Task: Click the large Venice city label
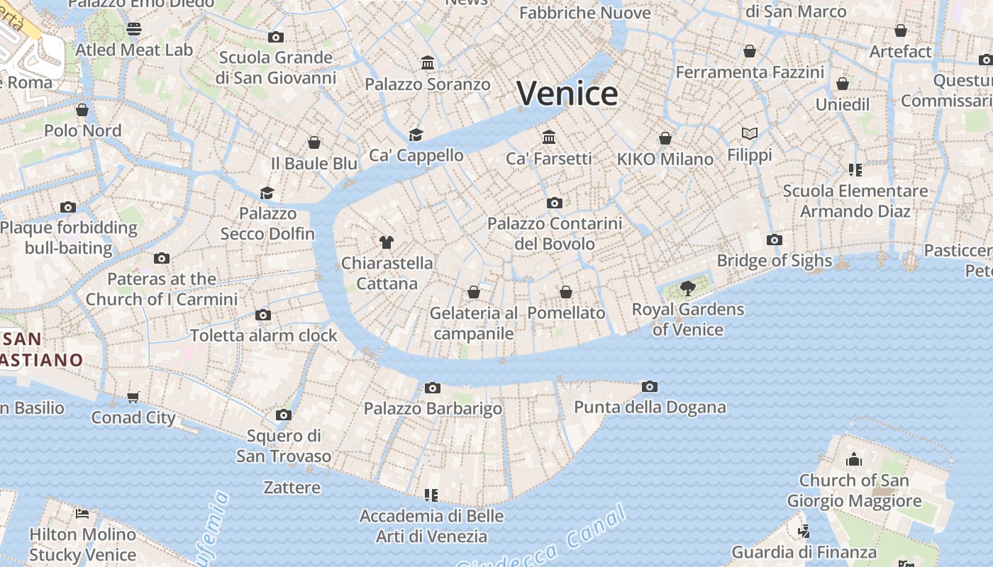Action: (567, 94)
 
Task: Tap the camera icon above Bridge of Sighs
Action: (775, 240)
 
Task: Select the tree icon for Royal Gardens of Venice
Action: (687, 288)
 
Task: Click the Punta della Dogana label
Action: (650, 408)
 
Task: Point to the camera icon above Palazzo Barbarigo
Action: (432, 388)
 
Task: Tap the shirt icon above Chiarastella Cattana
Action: (386, 242)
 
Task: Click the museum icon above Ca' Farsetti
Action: (549, 137)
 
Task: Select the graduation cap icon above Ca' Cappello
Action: (416, 135)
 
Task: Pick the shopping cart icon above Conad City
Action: (133, 397)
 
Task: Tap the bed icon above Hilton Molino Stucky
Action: (82, 513)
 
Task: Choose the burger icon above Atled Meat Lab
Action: (134, 29)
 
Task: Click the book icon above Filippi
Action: (750, 133)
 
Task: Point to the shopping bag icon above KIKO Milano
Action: (665, 138)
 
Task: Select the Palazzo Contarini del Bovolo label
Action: (555, 234)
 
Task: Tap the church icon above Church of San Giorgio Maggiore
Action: (854, 459)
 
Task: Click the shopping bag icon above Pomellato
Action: (566, 292)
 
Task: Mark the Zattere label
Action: (292, 488)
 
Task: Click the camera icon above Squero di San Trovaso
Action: (284, 415)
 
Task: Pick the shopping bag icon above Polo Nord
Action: (82, 110)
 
